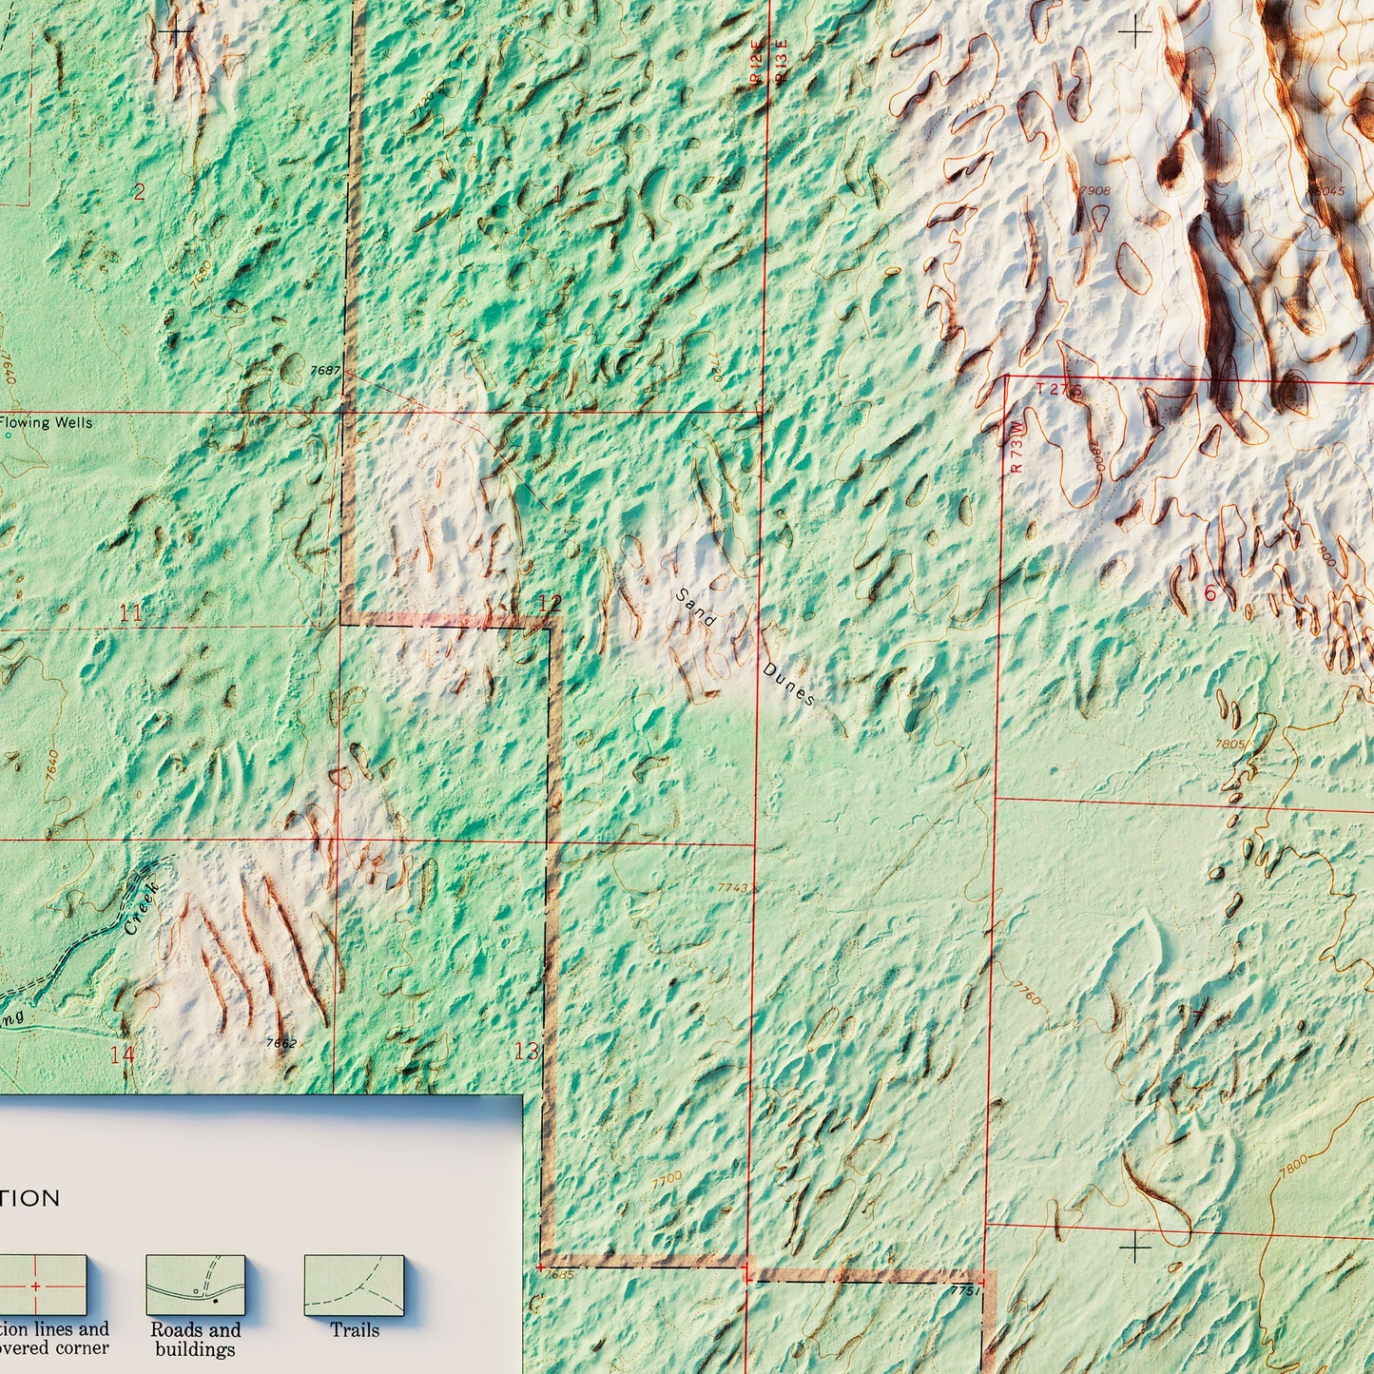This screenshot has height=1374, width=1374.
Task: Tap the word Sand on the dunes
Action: coord(696,608)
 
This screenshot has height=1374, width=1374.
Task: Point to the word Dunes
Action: coord(788,684)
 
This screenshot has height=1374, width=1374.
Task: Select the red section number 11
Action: coord(131,613)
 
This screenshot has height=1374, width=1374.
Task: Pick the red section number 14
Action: coord(122,1054)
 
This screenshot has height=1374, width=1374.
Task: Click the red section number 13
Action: coord(526,1051)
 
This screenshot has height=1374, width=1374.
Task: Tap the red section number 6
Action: coord(1210,592)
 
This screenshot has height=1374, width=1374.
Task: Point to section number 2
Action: coord(139,193)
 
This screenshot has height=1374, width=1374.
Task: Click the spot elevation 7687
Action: coord(325,370)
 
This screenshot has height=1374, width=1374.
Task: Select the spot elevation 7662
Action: coord(281,1043)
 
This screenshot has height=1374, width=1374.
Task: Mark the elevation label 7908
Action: coord(1094,191)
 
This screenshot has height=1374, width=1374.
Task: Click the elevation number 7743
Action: coord(733,887)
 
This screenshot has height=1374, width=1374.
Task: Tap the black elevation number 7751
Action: coord(964,1290)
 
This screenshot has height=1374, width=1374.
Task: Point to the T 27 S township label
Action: coord(1059,389)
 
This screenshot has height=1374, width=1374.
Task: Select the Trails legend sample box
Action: coord(354,1286)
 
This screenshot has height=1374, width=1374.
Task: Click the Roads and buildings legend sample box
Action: coord(195,1286)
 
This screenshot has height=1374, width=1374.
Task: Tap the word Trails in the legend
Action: coord(355,1330)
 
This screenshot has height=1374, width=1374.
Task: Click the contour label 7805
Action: coord(1229,745)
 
